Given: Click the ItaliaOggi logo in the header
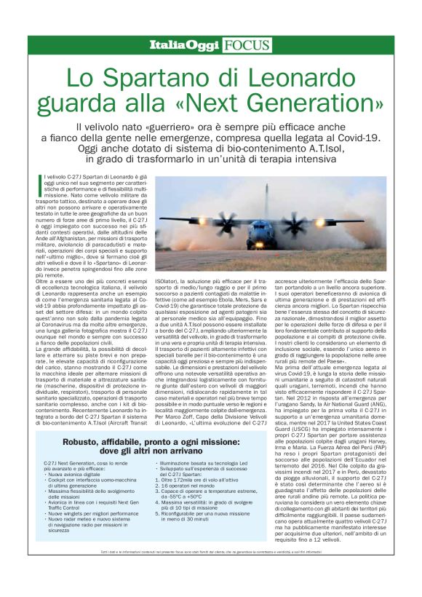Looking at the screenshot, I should (x=184, y=46).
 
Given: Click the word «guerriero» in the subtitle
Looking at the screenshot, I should (x=176, y=127).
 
